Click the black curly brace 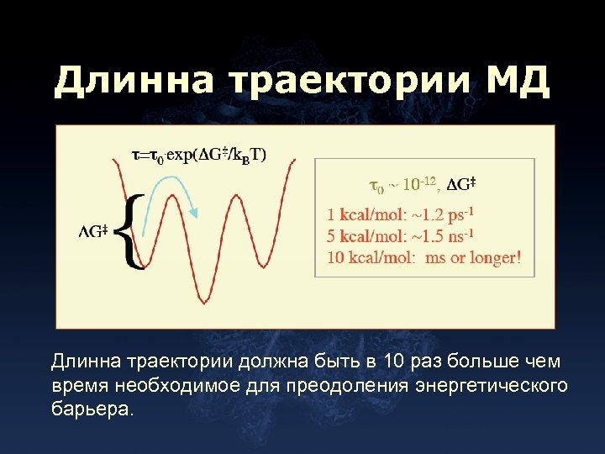click(x=133, y=230)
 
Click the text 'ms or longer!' click(x=474, y=258)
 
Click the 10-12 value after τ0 click(x=419, y=183)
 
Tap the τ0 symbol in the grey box click(x=377, y=184)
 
